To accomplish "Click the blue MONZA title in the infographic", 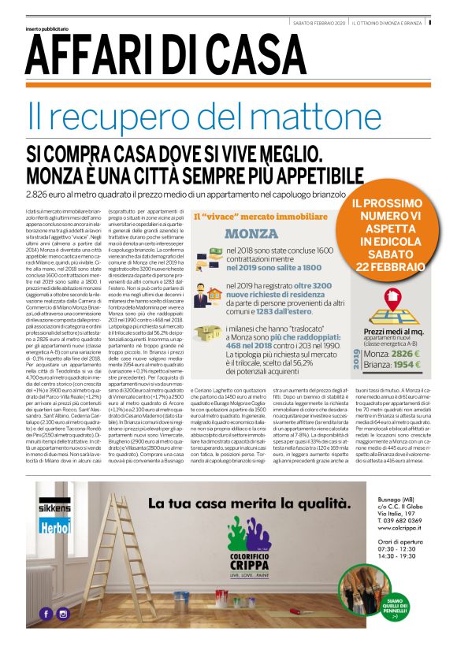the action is click(251, 233).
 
